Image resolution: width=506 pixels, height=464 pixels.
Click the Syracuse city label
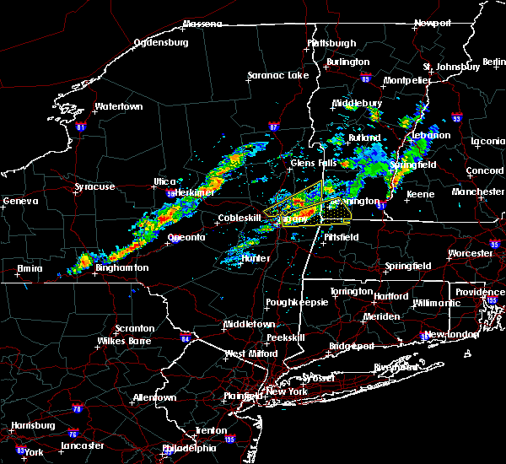(x=94, y=186)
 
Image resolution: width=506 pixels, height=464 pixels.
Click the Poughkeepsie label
(x=293, y=301)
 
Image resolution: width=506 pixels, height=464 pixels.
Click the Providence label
(x=481, y=292)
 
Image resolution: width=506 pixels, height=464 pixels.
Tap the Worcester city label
(x=469, y=253)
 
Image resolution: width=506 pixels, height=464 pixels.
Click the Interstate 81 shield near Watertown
(x=81, y=127)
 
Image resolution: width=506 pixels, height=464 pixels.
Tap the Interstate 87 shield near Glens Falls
(x=273, y=127)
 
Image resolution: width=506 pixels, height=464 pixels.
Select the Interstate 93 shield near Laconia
(x=456, y=119)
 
